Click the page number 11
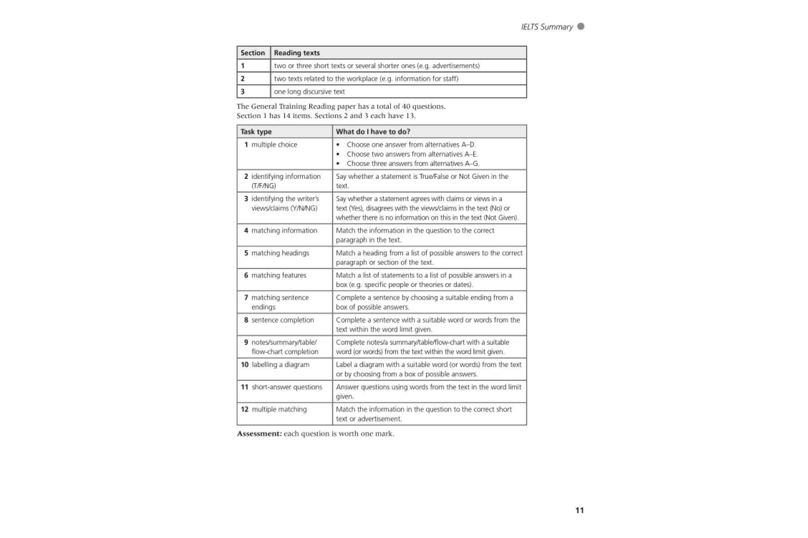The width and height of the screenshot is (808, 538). pyautogui.click(x=580, y=510)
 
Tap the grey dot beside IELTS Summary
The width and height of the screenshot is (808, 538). pyautogui.click(x=581, y=26)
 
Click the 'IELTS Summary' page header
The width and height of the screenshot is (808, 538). pyautogui.click(x=547, y=27)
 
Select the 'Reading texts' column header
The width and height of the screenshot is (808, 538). pyautogui.click(x=297, y=53)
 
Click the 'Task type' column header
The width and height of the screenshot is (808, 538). pyautogui.click(x=256, y=132)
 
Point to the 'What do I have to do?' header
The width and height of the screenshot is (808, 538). pyautogui.click(x=373, y=132)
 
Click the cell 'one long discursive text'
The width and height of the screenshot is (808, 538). pyautogui.click(x=309, y=92)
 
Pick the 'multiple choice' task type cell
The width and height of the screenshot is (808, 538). pyautogui.click(x=274, y=145)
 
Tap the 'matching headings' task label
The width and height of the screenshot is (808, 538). pyautogui.click(x=280, y=253)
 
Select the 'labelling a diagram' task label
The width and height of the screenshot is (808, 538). pyautogui.click(x=280, y=365)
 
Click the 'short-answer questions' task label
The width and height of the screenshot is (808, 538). pyautogui.click(x=286, y=387)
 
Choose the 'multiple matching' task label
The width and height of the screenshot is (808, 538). pyautogui.click(x=279, y=410)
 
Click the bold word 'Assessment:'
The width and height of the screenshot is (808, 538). pyautogui.click(x=259, y=434)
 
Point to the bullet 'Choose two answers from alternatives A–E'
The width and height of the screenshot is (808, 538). pyautogui.click(x=412, y=154)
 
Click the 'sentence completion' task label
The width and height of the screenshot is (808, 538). pyautogui.click(x=282, y=320)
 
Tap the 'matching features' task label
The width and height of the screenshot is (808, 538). pyautogui.click(x=278, y=276)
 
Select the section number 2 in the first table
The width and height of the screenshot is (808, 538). pyautogui.click(x=243, y=79)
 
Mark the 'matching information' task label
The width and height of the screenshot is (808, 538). pyautogui.click(x=284, y=231)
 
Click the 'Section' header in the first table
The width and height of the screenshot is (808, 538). pyautogui.click(x=253, y=53)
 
